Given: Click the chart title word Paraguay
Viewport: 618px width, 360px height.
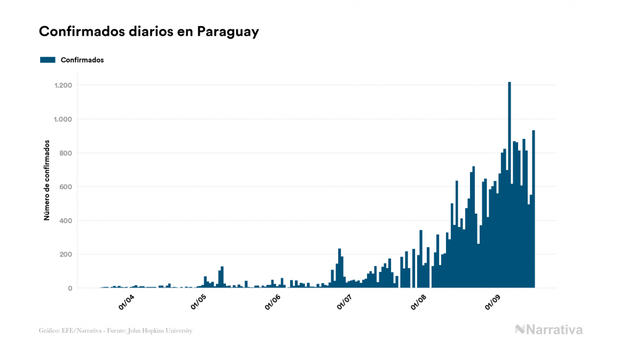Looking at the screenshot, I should (228, 32).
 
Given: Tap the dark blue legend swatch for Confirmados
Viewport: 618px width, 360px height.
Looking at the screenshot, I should (48, 60).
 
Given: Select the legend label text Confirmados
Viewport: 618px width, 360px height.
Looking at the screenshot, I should (82, 60).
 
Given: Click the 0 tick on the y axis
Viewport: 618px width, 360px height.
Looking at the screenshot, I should (69, 288).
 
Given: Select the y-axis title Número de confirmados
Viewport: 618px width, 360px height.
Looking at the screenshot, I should (47, 181).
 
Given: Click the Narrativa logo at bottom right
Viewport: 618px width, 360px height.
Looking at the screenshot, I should (549, 330).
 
